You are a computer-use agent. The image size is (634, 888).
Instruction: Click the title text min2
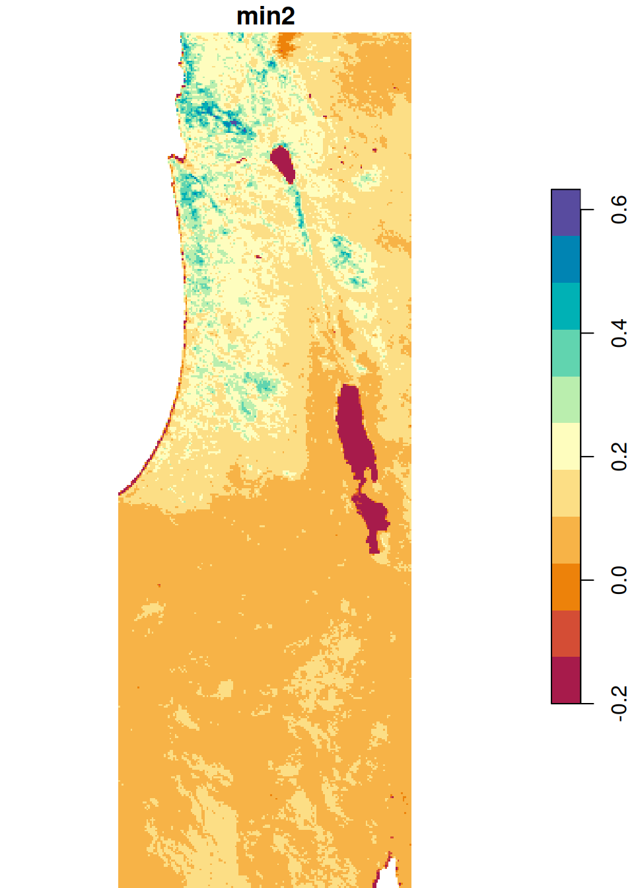[265, 16]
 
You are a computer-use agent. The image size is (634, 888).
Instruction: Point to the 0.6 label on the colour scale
[619, 209]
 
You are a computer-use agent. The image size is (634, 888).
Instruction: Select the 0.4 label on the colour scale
[619, 333]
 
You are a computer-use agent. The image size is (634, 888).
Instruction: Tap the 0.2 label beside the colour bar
[619, 457]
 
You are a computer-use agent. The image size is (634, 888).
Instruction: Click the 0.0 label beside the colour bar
[619, 580]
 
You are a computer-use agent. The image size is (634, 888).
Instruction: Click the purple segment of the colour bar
[566, 213]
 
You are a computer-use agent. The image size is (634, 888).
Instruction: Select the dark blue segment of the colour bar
[566, 260]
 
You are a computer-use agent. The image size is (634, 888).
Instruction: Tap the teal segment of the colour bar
[566, 307]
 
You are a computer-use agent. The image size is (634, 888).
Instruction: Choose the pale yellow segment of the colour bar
[566, 447]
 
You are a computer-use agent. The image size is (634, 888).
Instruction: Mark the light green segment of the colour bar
[566, 400]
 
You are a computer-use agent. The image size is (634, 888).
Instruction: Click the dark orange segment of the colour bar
[566, 587]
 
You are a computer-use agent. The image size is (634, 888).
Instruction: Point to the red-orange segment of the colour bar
[566, 634]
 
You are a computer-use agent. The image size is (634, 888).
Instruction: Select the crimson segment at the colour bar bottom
[566, 680]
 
